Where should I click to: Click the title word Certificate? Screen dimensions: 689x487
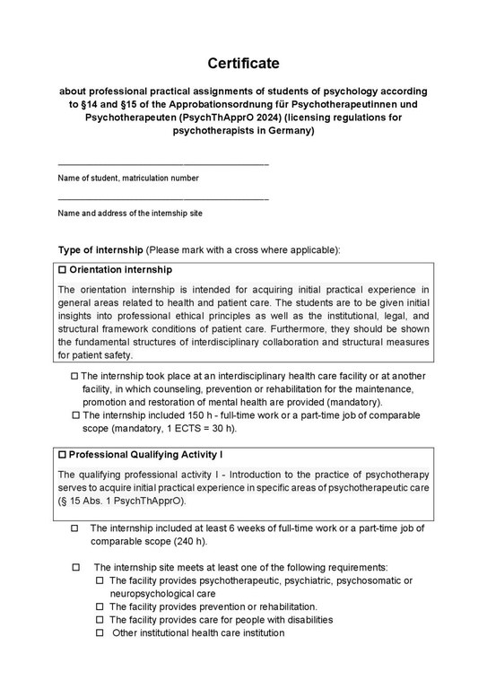243,64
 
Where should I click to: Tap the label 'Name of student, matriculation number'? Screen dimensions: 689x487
127,179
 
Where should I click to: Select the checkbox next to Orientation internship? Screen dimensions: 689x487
62,270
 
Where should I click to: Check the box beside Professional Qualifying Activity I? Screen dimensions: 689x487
62,456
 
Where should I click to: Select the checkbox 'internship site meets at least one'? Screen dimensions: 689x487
75,568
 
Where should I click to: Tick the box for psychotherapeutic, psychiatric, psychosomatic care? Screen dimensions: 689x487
100,581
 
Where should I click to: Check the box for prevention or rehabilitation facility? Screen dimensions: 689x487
100,607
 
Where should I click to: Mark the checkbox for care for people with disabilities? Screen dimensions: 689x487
100,620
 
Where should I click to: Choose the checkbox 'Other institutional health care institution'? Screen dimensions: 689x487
100,633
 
